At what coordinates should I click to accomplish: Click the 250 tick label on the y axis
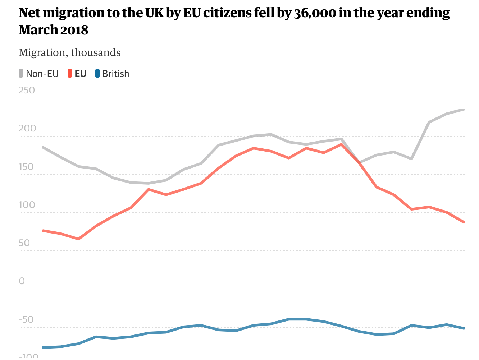(27, 90)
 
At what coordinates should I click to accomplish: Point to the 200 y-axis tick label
(27, 128)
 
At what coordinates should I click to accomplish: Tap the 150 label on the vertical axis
(26, 167)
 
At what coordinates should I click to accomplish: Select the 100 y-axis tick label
(27, 205)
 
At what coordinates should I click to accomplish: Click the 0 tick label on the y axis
(22, 281)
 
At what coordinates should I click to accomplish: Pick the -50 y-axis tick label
(26, 319)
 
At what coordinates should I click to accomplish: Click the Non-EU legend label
(42, 74)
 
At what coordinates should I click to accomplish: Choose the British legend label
(115, 74)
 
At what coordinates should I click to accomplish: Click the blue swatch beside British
(97, 74)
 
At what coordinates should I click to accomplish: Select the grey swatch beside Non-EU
(21, 74)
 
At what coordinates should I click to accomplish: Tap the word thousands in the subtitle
(96, 53)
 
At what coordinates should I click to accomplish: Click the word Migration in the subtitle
(42, 53)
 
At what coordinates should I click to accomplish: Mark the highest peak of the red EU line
(341, 144)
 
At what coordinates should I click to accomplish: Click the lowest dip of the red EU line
(78, 239)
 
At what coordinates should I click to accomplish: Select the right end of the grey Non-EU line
(464, 110)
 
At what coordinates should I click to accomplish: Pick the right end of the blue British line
(464, 328)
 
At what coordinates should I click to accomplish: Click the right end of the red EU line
(464, 222)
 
